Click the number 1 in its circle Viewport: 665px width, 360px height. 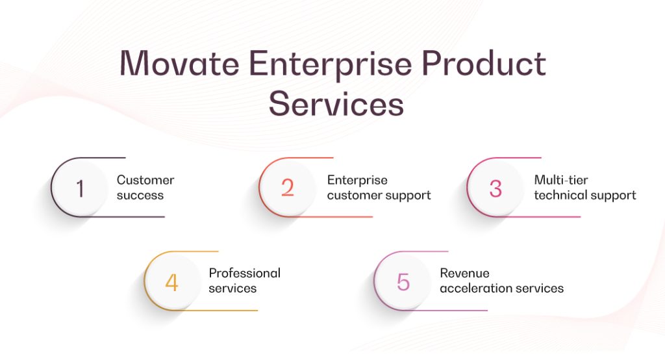(x=80, y=188)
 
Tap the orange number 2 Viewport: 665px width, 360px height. (x=288, y=188)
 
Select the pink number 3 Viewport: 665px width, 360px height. (x=496, y=188)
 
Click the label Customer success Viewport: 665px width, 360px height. (x=145, y=188)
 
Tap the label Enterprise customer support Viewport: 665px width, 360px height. (x=379, y=188)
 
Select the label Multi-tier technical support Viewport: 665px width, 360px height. (x=584, y=188)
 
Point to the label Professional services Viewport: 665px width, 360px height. (x=244, y=281)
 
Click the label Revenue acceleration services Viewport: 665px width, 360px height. (x=501, y=281)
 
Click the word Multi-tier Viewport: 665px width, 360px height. (x=560, y=180)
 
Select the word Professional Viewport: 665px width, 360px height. (x=244, y=273)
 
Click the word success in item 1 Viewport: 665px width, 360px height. (x=140, y=195)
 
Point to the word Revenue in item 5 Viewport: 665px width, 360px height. (x=464, y=273)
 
